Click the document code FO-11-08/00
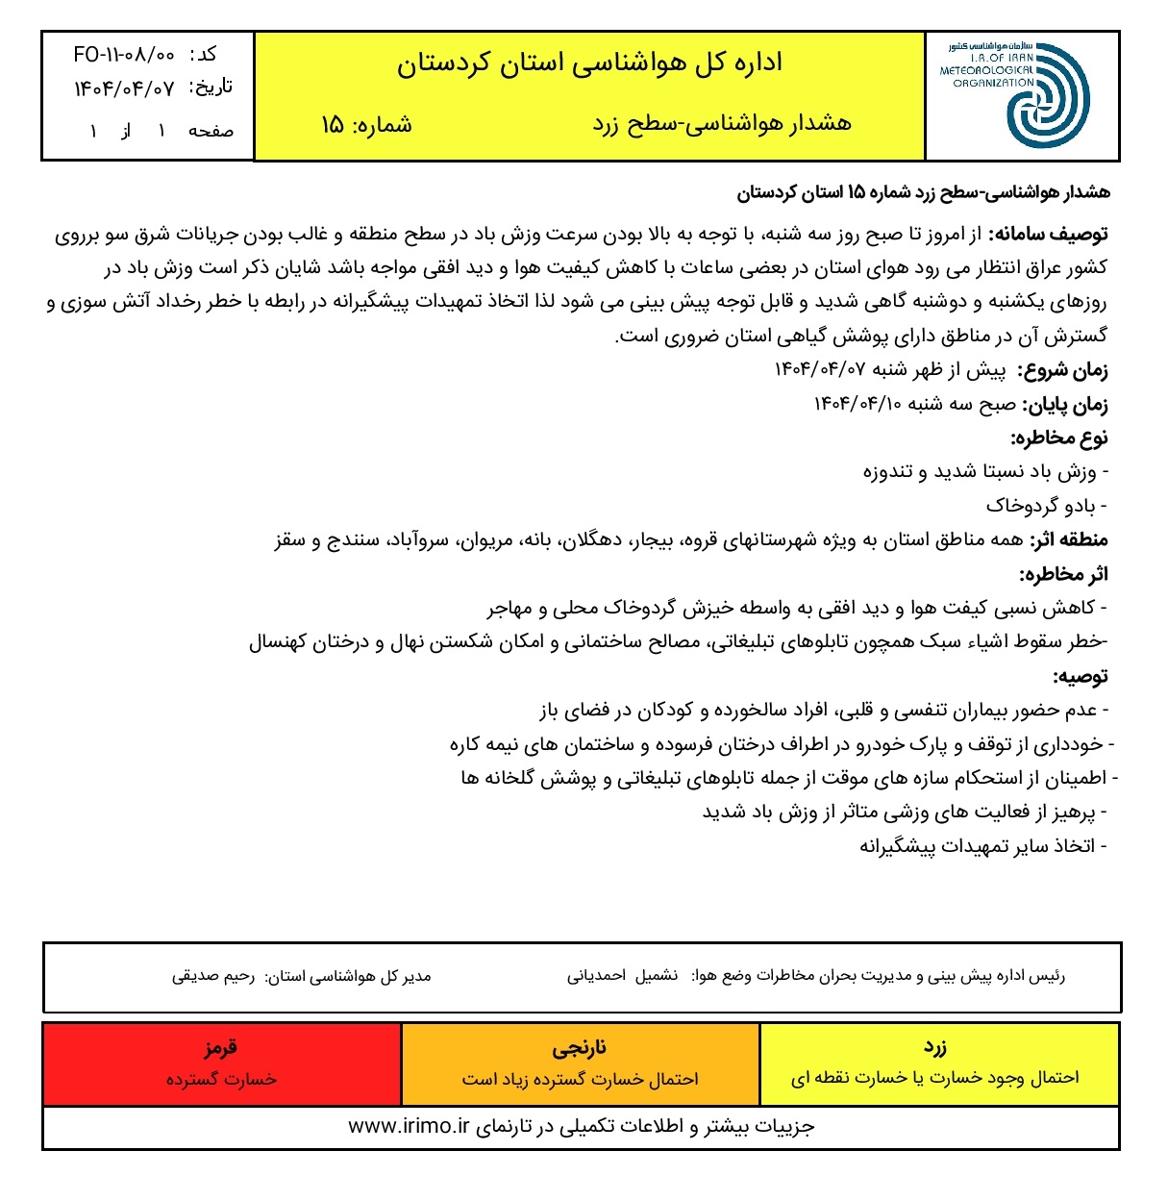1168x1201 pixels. pos(124,55)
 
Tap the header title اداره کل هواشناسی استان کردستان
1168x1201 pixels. pos(589,63)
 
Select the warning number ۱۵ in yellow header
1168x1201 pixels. pos(333,125)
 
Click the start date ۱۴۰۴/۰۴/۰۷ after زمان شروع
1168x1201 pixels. pos(820,369)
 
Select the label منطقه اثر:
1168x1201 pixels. pos(1068,540)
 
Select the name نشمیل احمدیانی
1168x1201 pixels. pos(622,977)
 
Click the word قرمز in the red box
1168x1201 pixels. pos(220,1048)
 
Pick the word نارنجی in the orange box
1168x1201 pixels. pos(579,1048)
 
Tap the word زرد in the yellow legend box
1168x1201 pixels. pos(935,1048)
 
